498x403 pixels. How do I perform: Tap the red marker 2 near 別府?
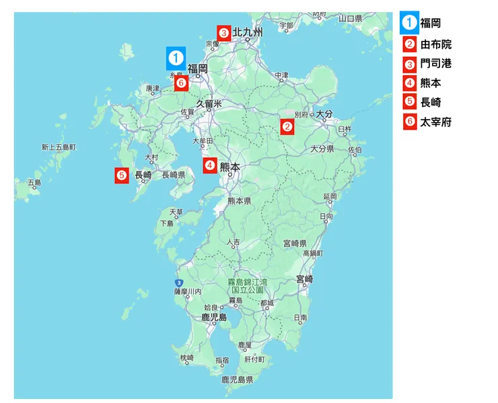[287, 126]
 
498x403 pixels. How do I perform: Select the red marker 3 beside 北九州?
[223, 32]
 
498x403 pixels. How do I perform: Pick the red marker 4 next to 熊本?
[210, 165]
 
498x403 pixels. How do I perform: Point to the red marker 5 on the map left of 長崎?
[122, 175]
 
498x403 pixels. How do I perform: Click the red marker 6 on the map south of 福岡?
[180, 83]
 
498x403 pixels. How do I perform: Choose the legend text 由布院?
[436, 45]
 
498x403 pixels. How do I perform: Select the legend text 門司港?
[436, 64]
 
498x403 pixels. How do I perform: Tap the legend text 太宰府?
[436, 122]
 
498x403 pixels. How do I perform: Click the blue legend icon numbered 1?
[409, 23]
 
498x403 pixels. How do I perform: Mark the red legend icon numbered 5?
[409, 103]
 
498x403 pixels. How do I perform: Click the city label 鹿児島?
[214, 317]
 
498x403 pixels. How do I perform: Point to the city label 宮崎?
[305, 279]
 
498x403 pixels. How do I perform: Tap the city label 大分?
[325, 114]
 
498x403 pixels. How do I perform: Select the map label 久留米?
[209, 103]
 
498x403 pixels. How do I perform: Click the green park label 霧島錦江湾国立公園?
[247, 285]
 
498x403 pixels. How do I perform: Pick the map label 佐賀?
[187, 112]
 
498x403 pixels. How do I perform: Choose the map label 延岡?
[329, 196]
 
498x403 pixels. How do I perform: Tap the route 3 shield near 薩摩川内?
[178, 283]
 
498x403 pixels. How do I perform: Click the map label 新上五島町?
[59, 146]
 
